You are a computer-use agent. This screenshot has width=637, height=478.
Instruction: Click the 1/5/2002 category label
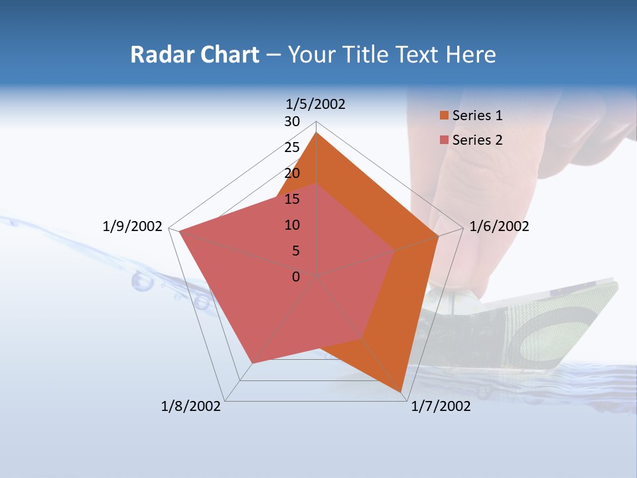315,104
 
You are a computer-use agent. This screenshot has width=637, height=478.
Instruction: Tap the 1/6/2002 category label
499,226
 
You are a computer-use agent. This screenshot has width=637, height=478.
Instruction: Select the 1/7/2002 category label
441,406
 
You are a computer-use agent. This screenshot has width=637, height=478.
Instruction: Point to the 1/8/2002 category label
191,406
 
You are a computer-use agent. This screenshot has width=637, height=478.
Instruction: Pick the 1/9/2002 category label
133,226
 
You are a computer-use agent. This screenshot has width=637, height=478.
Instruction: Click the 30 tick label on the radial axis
292,121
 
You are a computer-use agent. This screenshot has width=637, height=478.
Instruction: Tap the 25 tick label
292,147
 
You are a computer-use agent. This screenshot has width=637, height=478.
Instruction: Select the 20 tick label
292,173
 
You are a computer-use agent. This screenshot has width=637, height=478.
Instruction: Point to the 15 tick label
292,199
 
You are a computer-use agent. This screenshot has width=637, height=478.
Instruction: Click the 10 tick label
292,225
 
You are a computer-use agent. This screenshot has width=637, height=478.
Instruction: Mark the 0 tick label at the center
296,277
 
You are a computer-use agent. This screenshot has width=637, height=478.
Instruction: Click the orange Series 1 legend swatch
445,116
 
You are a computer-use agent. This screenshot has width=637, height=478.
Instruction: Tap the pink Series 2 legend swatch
445,140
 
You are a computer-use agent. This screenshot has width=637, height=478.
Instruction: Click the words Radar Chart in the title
194,54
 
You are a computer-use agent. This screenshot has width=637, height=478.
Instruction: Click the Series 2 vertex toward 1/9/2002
180,231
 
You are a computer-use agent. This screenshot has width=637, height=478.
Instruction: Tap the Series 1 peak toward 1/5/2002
317,133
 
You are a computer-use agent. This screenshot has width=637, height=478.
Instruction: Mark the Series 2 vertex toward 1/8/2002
252,363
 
